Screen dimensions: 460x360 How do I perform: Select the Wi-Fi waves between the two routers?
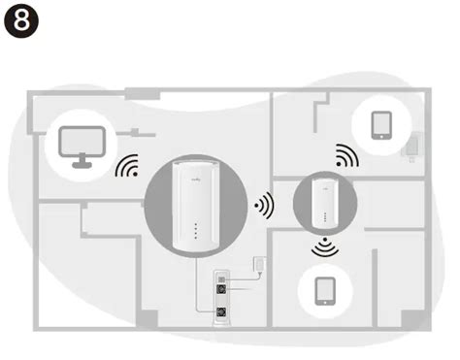[261, 205]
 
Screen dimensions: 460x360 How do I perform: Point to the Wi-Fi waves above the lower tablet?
[323, 249]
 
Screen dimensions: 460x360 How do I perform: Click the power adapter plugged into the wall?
[256, 265]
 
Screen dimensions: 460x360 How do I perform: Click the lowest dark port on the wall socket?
[222, 313]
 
